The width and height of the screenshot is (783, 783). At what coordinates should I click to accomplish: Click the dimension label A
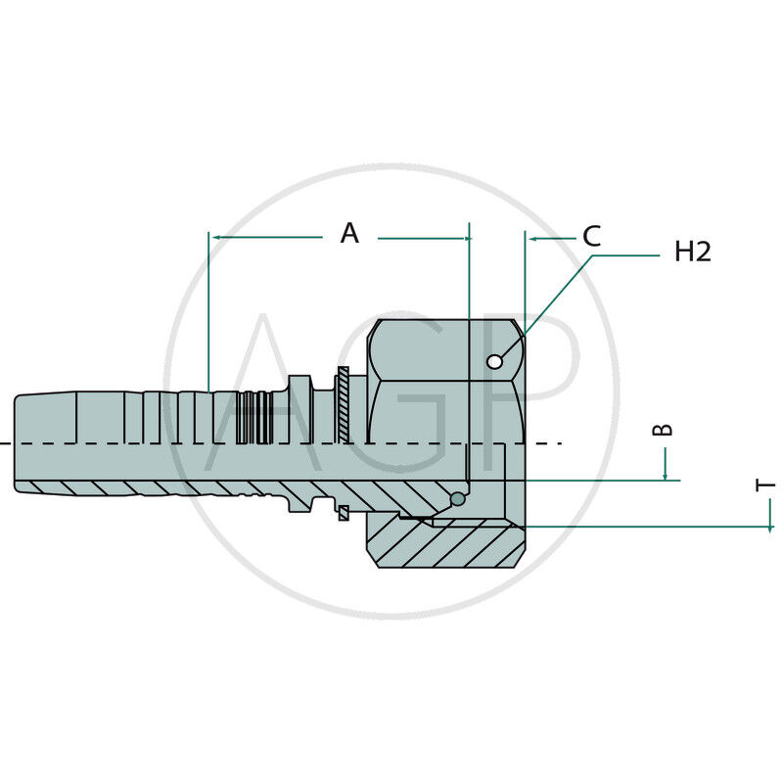pyautogui.click(x=349, y=233)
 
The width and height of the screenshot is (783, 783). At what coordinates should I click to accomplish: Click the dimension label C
pyautogui.click(x=592, y=236)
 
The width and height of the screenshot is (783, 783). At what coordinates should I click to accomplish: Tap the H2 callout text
pyautogui.click(x=693, y=252)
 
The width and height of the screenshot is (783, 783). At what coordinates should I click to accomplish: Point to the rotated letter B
pyautogui.click(x=663, y=430)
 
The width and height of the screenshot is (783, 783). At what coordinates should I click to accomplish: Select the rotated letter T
pyautogui.click(x=764, y=484)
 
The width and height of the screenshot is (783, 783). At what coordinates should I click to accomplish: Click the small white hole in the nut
pyautogui.click(x=494, y=361)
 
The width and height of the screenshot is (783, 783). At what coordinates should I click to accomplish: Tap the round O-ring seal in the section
pyautogui.click(x=458, y=498)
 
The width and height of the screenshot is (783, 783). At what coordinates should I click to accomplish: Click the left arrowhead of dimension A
pyautogui.click(x=216, y=237)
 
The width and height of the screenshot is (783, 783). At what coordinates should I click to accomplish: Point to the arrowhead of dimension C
pyautogui.click(x=532, y=239)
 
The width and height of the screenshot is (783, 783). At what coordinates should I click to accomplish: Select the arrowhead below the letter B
pyautogui.click(x=666, y=476)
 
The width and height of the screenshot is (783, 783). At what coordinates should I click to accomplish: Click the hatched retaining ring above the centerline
pyautogui.click(x=344, y=404)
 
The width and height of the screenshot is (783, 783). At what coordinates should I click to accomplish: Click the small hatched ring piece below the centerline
pyautogui.click(x=344, y=513)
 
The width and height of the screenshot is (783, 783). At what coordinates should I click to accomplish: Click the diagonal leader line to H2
pyautogui.click(x=546, y=308)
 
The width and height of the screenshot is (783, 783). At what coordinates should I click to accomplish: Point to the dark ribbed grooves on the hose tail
pyautogui.click(x=254, y=418)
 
